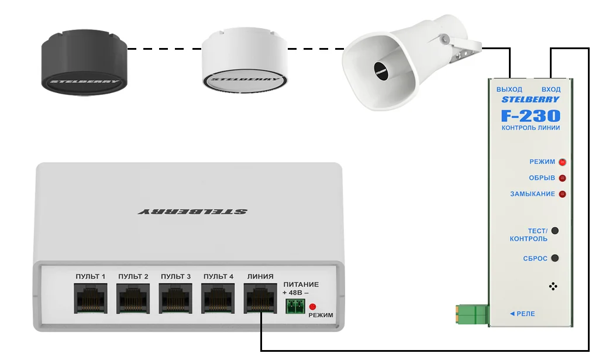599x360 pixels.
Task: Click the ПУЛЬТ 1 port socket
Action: tap(91, 298)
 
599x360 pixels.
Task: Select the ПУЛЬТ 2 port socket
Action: tap(133, 298)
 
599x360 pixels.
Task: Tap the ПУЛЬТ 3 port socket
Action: tap(175, 298)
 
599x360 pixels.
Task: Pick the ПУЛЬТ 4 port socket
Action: tap(218, 298)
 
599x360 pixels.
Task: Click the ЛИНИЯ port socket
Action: tap(260, 298)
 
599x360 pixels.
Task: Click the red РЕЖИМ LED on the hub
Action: tap(312, 307)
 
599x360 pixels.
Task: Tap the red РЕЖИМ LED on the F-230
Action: tap(562, 162)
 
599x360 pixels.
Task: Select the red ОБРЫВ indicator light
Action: tap(562, 178)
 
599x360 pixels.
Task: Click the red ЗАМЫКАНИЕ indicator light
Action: tap(562, 194)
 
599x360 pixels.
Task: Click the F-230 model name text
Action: tap(531, 116)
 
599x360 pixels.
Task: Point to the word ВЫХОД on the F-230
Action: tap(510, 90)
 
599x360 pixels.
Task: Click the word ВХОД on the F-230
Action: tap(551, 90)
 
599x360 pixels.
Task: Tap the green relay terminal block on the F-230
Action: tap(473, 314)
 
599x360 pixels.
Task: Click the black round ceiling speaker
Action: tap(84, 62)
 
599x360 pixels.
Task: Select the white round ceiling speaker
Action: tap(245, 60)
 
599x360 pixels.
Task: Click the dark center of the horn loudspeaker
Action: tap(381, 71)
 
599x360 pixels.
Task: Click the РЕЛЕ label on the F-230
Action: tap(522, 314)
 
